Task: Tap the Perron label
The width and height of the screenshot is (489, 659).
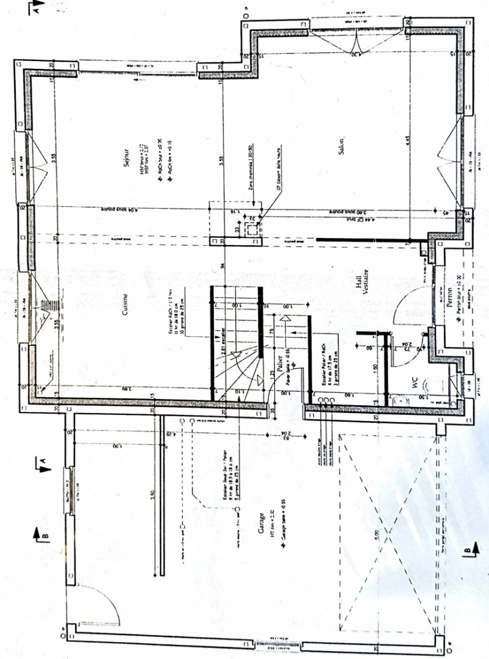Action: pos(449,300)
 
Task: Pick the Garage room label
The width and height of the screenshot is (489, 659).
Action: pos(260,524)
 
